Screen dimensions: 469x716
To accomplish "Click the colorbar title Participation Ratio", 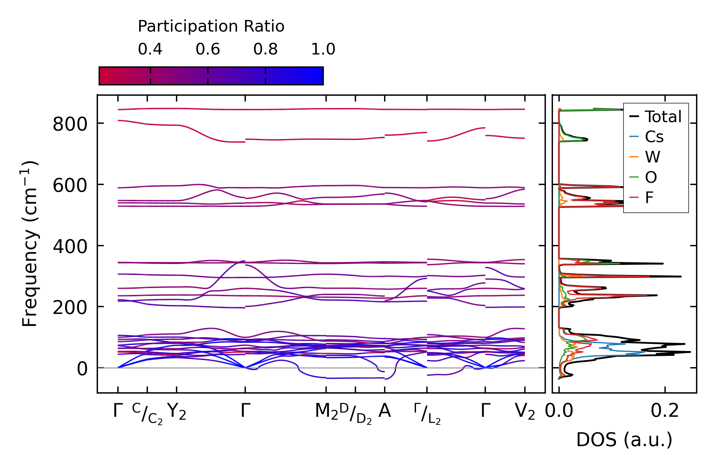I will click(x=211, y=26).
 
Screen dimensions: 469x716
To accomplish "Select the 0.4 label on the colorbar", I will click(x=150, y=49).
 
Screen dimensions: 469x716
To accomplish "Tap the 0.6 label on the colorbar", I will click(x=208, y=49).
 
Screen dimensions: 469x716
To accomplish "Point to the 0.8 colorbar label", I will click(x=265, y=49).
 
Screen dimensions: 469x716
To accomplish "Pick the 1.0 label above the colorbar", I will click(x=323, y=49).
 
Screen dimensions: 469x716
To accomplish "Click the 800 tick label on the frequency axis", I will click(x=70, y=124).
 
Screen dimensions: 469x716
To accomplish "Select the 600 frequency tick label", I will click(x=70, y=186).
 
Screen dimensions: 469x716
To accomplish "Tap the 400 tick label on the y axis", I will click(x=70, y=247).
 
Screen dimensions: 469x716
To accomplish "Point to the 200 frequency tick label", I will click(x=70, y=308).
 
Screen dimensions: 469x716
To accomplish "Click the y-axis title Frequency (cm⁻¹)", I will click(x=30, y=244).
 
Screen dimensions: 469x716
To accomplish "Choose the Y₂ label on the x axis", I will click(x=177, y=412).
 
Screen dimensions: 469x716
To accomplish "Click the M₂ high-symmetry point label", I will click(x=326, y=412).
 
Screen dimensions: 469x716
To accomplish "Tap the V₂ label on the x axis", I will click(x=525, y=412).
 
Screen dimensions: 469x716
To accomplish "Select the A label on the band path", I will click(x=384, y=411).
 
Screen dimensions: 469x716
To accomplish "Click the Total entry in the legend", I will click(x=663, y=117).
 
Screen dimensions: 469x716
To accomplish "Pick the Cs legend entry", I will click(x=654, y=137).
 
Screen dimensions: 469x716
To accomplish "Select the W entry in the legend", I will click(x=653, y=157).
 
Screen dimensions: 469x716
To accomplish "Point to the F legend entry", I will click(x=649, y=197).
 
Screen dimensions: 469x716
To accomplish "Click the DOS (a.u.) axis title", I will click(x=624, y=440).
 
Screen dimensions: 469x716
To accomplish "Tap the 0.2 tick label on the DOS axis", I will click(x=665, y=411).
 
